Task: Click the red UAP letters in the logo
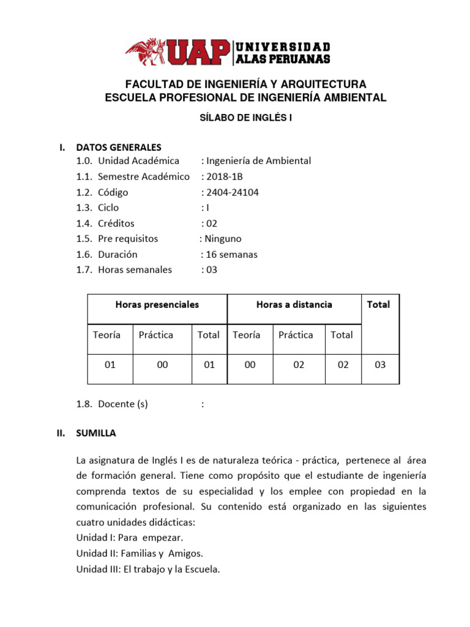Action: [x=196, y=53]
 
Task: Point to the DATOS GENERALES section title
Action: [x=119, y=147]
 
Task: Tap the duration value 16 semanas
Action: [x=232, y=254]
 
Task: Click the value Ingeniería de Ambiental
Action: [x=259, y=161]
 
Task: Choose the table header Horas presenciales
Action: [x=157, y=304]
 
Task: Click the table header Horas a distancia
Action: [x=294, y=304]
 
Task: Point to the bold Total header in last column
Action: [x=378, y=304]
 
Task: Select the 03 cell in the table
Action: [x=380, y=365]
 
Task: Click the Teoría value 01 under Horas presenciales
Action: [x=110, y=365]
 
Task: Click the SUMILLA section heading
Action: [x=95, y=433]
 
